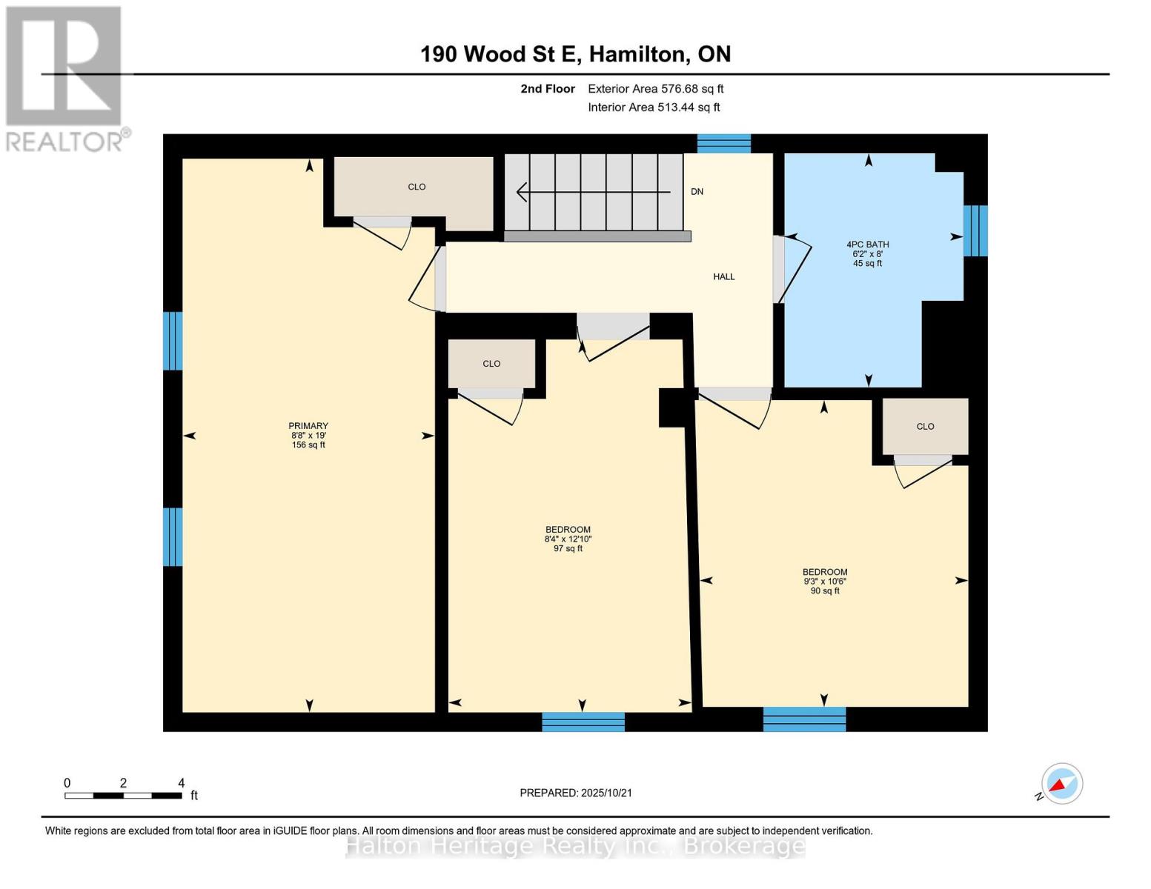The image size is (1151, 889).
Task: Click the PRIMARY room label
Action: (x=308, y=426)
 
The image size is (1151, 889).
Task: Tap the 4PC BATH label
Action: (x=867, y=244)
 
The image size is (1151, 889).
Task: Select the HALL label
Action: (x=723, y=276)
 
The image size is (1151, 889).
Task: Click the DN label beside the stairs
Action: (x=697, y=192)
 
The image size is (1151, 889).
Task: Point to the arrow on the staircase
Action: (x=593, y=192)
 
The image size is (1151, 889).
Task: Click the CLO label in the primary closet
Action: (x=417, y=187)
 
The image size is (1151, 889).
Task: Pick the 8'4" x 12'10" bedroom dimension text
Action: (x=568, y=539)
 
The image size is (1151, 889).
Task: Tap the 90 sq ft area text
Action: (x=825, y=591)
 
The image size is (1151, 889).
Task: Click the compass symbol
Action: (x=1061, y=784)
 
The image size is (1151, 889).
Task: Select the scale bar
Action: (x=124, y=795)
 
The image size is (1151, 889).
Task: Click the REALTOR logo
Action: (x=64, y=79)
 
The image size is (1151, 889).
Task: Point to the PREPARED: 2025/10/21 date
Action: (x=576, y=793)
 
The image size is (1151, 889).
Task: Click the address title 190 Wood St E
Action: (x=498, y=54)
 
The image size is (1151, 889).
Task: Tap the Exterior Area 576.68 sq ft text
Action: (x=656, y=89)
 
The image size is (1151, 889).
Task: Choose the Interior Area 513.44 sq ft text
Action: (x=654, y=107)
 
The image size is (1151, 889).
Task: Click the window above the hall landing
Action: (x=723, y=144)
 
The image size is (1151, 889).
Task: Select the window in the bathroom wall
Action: (x=975, y=231)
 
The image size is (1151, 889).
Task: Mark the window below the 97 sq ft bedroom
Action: (x=583, y=722)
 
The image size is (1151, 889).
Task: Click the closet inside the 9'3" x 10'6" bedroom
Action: (x=925, y=426)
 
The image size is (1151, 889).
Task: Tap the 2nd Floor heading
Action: (x=547, y=89)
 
